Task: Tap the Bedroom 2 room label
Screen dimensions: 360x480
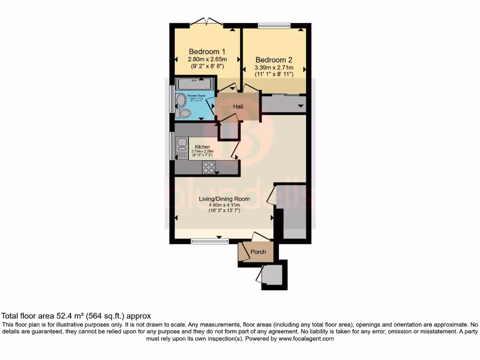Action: tap(274, 60)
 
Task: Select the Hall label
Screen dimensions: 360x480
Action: tap(238, 107)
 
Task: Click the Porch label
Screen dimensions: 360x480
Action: tap(258, 252)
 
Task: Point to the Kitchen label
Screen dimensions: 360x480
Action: tap(202, 147)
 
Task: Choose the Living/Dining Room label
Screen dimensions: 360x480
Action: tap(224, 199)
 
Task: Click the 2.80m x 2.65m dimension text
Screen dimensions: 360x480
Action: tap(207, 60)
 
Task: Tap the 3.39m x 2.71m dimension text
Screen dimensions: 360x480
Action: tap(274, 67)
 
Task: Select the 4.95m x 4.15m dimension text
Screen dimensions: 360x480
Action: tap(224, 205)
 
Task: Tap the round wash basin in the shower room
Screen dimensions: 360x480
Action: tap(181, 99)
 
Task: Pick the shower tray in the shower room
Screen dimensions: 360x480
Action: tap(195, 84)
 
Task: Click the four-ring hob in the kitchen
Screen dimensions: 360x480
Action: tap(209, 167)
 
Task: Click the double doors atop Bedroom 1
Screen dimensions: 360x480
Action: tap(207, 22)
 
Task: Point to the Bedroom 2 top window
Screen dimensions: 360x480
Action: tap(274, 26)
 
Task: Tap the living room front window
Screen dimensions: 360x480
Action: tap(210, 241)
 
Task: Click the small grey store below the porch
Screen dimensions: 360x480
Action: tap(272, 275)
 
